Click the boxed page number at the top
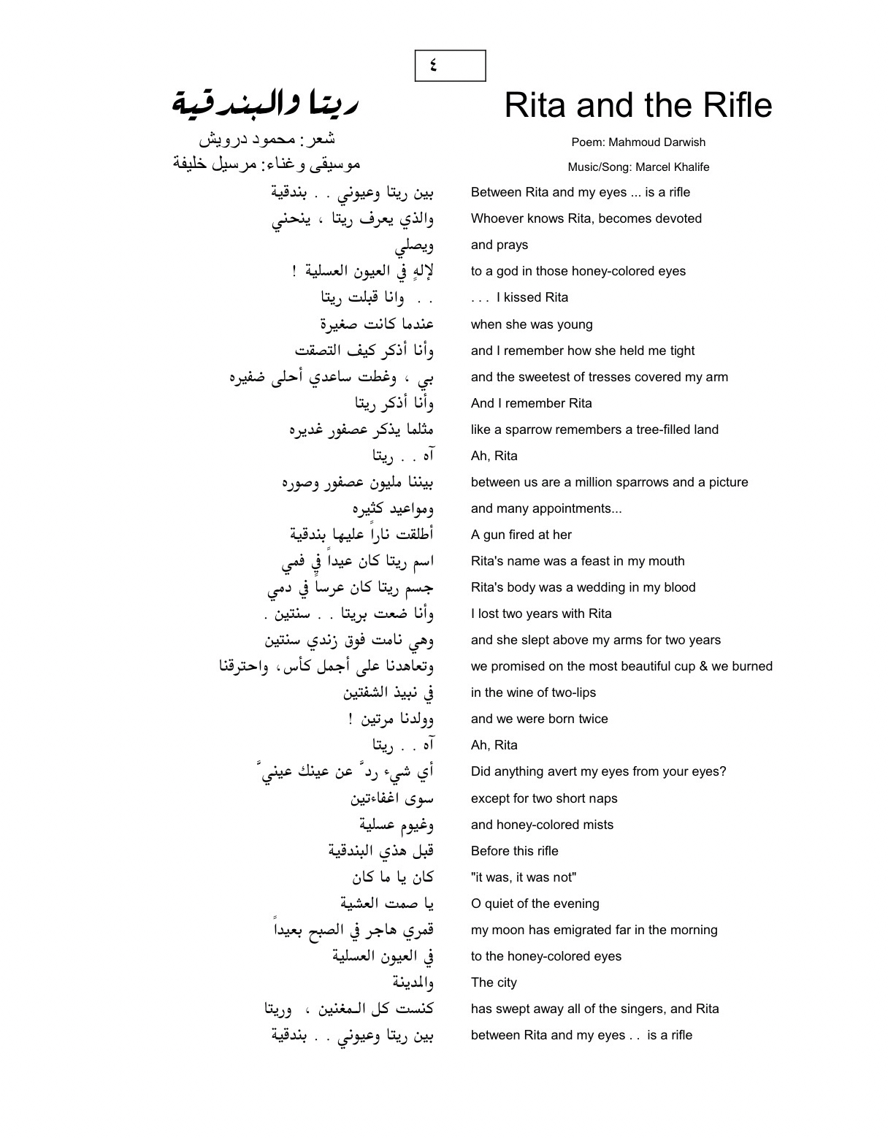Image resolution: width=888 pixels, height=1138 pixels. click(450, 66)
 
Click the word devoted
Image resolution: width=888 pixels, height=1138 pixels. click(676, 218)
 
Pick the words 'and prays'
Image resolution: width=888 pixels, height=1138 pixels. click(499, 245)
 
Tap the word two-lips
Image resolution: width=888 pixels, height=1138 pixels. click(570, 692)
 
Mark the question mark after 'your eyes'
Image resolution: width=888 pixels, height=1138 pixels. click(723, 771)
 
